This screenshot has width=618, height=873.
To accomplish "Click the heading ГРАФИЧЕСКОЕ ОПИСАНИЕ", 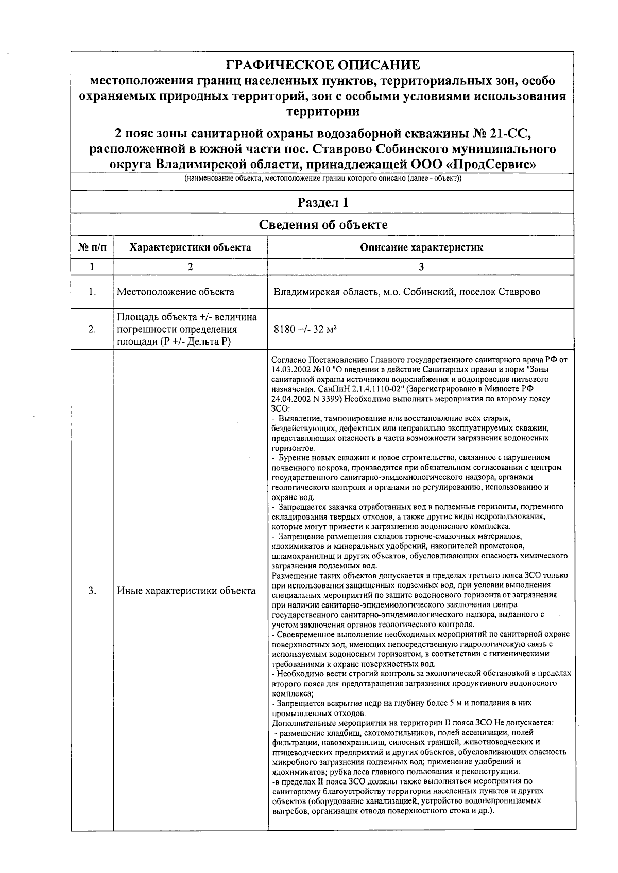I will click(x=323, y=66).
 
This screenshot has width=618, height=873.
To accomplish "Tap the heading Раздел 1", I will click(x=323, y=203).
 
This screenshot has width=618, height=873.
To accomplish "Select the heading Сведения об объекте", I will click(x=323, y=225).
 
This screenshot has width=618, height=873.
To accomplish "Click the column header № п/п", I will click(x=92, y=247).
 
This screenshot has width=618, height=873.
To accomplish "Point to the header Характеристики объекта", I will click(x=190, y=247).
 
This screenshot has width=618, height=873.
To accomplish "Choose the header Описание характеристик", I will click(x=421, y=247).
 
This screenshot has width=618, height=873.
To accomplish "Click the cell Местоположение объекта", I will click(x=176, y=292).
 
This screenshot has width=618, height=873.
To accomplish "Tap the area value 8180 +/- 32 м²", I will click(x=305, y=329).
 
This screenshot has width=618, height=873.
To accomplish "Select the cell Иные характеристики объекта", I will click(x=186, y=591).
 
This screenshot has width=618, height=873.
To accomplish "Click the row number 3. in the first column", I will click(x=92, y=591).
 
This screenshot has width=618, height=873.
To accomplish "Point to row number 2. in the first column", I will click(x=92, y=329).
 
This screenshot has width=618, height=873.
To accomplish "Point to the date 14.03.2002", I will click(x=289, y=370).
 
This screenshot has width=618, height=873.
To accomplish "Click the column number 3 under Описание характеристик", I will click(x=421, y=267).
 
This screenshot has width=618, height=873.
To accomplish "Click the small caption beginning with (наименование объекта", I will click(x=323, y=179).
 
